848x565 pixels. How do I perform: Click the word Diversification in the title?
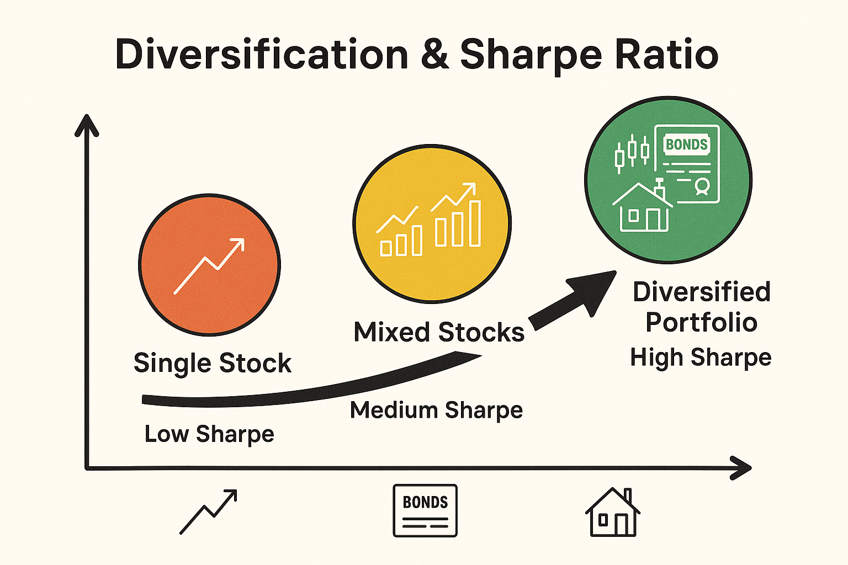tap(261, 55)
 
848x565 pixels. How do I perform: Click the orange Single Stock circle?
tap(210, 265)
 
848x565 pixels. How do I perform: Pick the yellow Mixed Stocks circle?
tap(432, 223)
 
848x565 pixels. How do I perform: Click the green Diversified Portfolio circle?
tap(668, 180)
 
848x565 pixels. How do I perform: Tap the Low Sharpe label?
tap(209, 434)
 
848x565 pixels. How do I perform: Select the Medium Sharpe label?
tap(436, 410)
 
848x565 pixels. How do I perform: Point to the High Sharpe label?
tap(701, 358)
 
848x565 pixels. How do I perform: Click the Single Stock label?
tap(213, 363)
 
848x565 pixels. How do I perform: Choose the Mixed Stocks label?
tap(439, 332)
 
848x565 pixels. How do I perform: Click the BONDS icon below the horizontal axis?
tap(425, 510)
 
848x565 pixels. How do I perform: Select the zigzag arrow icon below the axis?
tap(209, 511)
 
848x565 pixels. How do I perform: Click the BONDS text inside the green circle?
tap(686, 145)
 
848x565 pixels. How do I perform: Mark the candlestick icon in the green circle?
tap(632, 151)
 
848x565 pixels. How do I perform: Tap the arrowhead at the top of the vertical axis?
tap(87, 125)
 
